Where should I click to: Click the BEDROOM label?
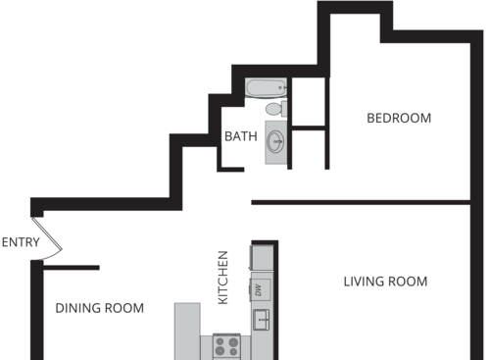tap(399, 119)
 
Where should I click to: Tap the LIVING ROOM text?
tap(385, 282)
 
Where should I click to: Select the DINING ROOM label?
tap(99, 308)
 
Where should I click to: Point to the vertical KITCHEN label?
tap(222, 276)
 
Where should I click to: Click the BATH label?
tap(241, 136)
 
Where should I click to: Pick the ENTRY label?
tap(20, 242)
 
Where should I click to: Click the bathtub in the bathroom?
tap(266, 89)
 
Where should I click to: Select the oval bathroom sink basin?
tap(276, 141)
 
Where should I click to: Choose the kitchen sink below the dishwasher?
tap(262, 318)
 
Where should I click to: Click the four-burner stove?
tap(227, 346)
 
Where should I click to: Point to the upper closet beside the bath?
tap(309, 101)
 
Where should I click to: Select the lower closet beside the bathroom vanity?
tap(309, 148)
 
